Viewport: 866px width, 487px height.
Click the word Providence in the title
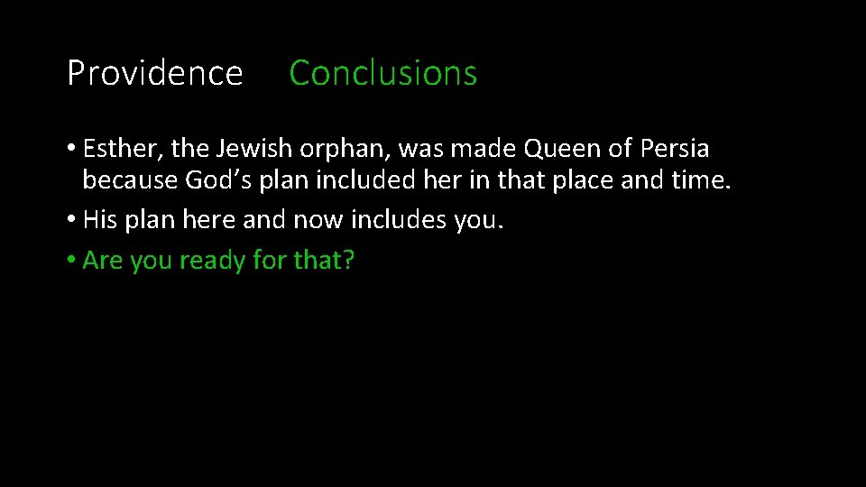click(154, 73)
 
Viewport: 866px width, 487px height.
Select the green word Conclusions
click(382, 73)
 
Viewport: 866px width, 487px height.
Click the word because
click(130, 181)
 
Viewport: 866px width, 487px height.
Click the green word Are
click(103, 261)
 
